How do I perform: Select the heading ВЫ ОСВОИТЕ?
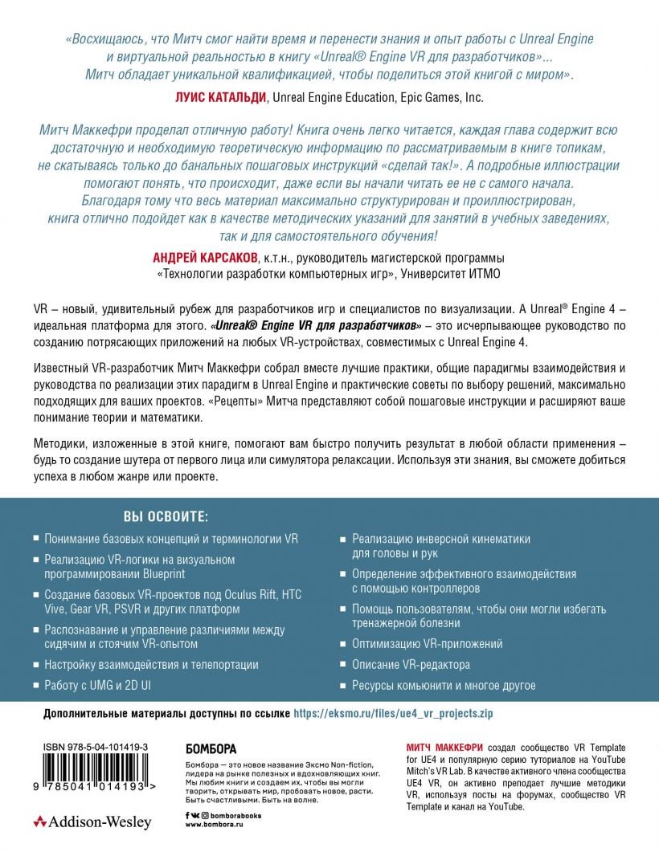(165, 515)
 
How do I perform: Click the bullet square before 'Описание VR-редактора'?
(343, 664)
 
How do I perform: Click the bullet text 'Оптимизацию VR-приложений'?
(428, 643)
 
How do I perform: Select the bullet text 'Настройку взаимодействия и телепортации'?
(151, 664)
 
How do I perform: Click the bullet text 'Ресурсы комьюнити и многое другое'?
(444, 685)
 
